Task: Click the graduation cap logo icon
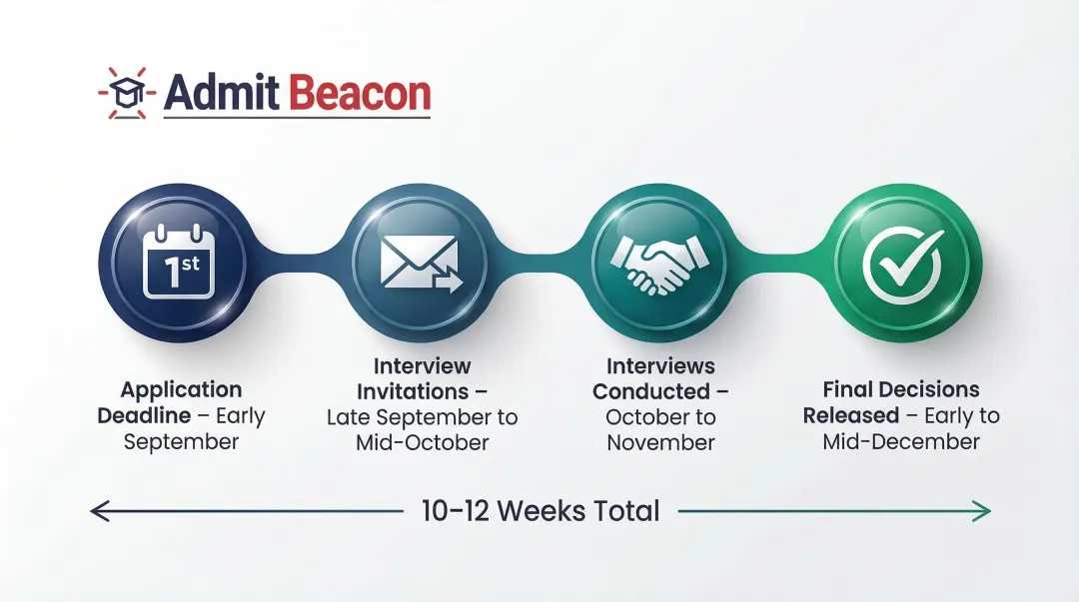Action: [128, 93]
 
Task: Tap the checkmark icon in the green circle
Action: [902, 262]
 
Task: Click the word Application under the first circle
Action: [181, 389]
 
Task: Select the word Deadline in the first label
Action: [144, 415]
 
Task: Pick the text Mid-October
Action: [422, 442]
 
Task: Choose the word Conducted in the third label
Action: [647, 390]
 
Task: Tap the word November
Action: [660, 442]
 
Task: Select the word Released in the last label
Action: [850, 415]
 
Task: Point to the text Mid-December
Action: [901, 441]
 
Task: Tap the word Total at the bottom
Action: [619, 511]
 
